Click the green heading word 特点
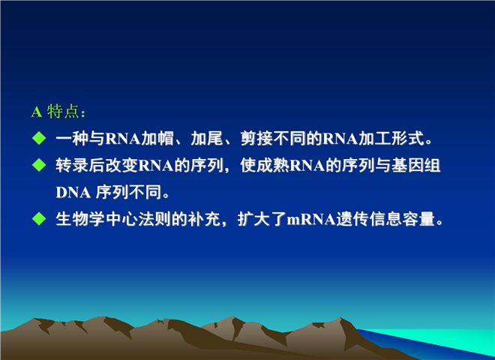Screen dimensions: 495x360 [x=63, y=112]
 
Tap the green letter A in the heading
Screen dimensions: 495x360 [x=37, y=112]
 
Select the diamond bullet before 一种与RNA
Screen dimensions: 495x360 [x=39, y=138]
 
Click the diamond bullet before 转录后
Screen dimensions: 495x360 [x=39, y=165]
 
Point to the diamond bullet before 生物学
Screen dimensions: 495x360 [x=39, y=218]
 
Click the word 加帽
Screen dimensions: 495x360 [x=157, y=138]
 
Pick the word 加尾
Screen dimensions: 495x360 [x=207, y=138]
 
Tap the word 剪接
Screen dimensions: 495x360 [x=256, y=138]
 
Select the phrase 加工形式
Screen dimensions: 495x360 [x=391, y=138]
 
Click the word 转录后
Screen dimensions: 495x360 [x=80, y=165]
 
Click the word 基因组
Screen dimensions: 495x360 [x=415, y=165]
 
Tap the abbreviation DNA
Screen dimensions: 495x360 [x=73, y=192]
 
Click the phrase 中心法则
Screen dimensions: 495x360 [x=138, y=219]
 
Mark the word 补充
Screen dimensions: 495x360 [x=203, y=219]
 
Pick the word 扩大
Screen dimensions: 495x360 [x=253, y=219]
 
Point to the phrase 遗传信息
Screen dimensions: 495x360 [x=368, y=219]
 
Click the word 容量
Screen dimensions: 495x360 [x=418, y=219]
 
